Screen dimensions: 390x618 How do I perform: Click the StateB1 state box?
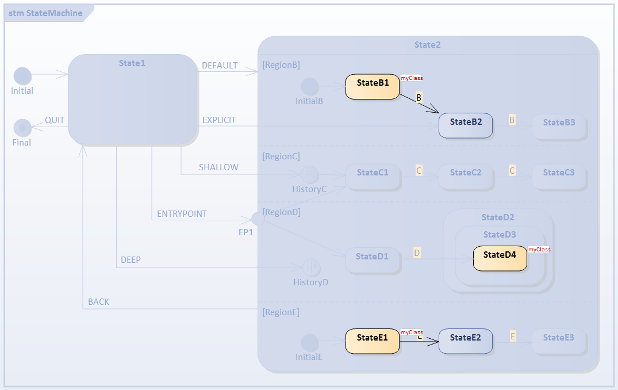click(373, 86)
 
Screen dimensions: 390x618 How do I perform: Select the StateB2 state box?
click(466, 125)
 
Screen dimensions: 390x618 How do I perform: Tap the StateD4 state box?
click(500, 258)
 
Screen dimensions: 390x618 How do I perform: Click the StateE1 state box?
click(373, 341)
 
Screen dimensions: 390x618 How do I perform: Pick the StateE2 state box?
click(466, 341)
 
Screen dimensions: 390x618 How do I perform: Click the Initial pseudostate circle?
click(22, 76)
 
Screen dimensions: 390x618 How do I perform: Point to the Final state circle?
click(22, 128)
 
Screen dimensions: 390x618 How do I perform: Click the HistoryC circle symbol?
click(310, 174)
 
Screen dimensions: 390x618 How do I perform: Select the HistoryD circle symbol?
click(311, 267)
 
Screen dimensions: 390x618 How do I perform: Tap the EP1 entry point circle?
click(259, 219)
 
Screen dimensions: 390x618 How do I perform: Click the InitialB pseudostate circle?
click(310, 87)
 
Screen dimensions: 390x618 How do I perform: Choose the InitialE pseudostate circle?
click(310, 343)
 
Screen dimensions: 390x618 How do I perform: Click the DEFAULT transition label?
click(220, 66)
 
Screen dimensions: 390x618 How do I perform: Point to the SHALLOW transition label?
click(218, 167)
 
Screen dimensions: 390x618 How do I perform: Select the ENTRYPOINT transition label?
click(182, 214)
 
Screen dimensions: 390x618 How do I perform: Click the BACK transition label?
click(98, 302)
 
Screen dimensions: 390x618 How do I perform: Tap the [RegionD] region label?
click(281, 212)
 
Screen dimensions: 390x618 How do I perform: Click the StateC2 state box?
click(466, 176)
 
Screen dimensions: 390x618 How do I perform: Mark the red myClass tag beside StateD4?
click(539, 250)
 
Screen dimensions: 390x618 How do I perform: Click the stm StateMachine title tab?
click(45, 13)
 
